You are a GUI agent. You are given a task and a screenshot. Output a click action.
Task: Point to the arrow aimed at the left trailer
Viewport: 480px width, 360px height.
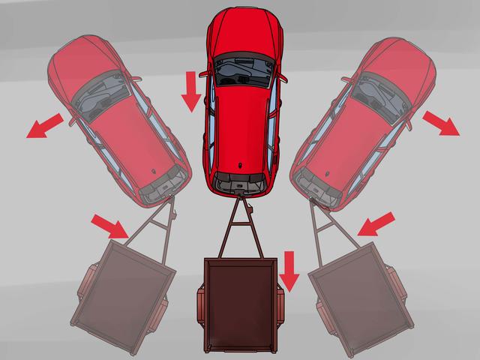[x=108, y=223]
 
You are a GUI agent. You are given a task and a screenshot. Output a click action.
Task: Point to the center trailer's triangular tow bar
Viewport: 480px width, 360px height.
[x=240, y=225]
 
